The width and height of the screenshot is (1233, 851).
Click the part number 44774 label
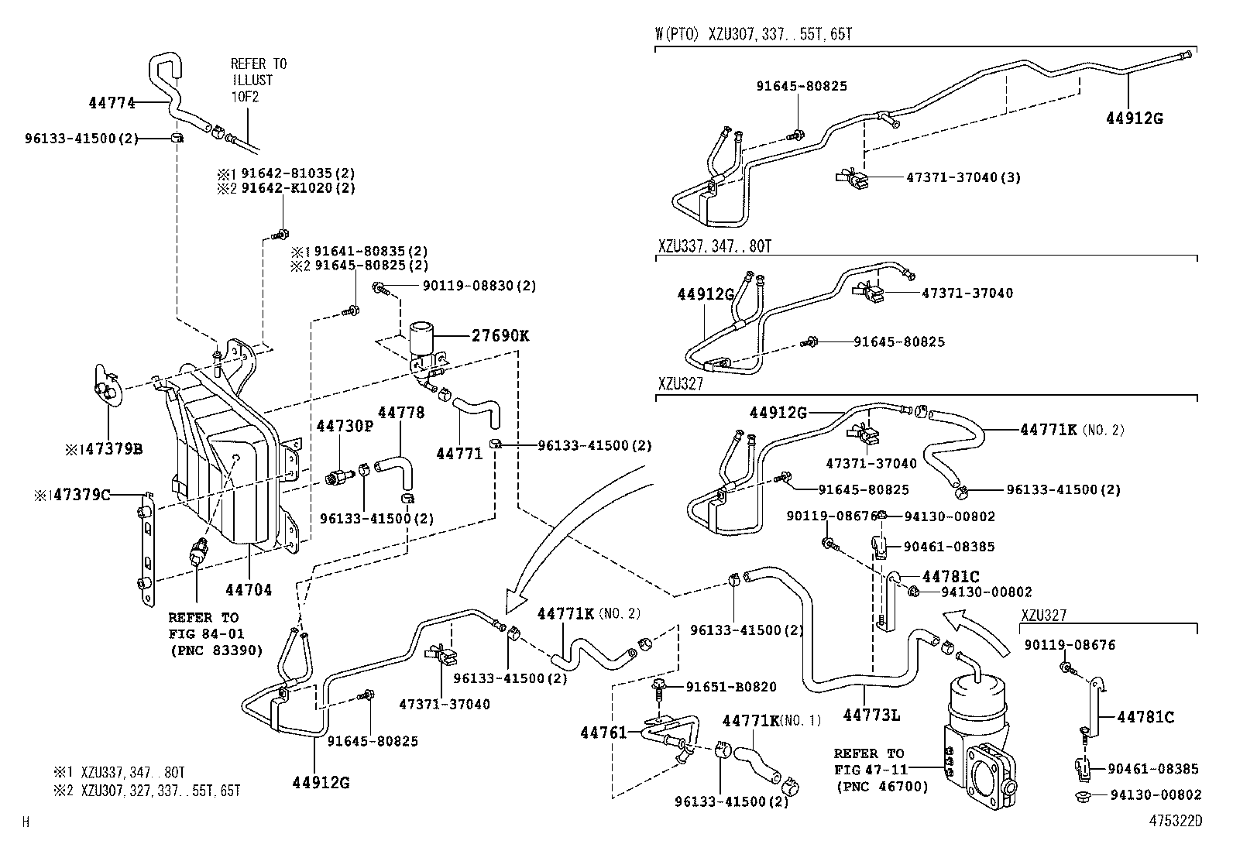[x=112, y=101]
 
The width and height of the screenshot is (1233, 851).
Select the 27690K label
[x=500, y=336]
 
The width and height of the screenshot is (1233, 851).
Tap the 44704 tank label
[x=249, y=590]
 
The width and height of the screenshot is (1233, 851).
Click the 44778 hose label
[x=401, y=413]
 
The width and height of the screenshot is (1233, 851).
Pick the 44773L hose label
[x=871, y=715]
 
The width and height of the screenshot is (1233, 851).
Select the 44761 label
[x=603, y=732]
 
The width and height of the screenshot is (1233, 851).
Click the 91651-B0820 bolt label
[x=731, y=686]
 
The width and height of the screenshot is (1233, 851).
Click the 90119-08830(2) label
[x=479, y=287]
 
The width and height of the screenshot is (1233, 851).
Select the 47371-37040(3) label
[x=963, y=177]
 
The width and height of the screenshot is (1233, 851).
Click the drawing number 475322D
[x=1175, y=821]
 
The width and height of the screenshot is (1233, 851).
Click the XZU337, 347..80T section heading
[x=715, y=246]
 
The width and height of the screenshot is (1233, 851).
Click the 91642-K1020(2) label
[x=297, y=188]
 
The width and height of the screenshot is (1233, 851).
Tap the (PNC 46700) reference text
[x=881, y=787]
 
